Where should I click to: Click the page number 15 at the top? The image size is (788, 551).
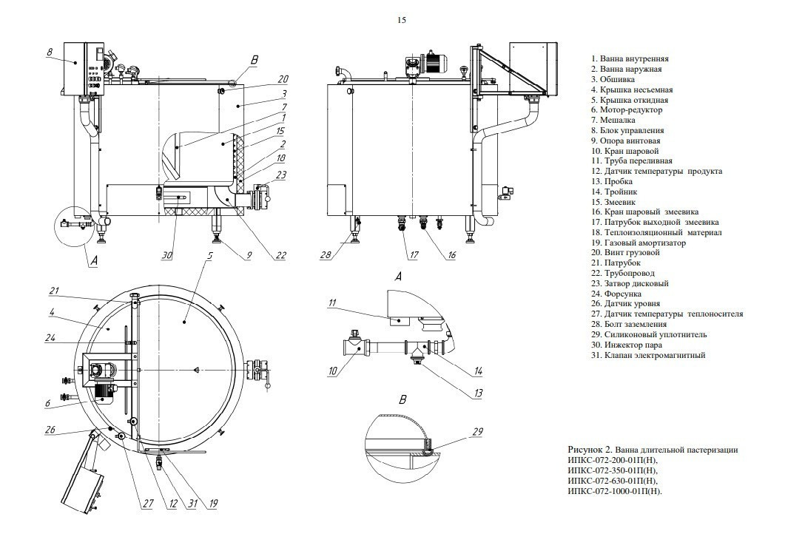pyautogui.click(x=402, y=20)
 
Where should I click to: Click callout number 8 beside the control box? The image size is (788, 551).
pyautogui.click(x=50, y=52)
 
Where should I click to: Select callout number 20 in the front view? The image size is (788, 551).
pyautogui.click(x=283, y=79)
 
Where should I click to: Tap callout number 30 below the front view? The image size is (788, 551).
pyautogui.click(x=166, y=256)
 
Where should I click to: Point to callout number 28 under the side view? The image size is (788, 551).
pyautogui.click(x=326, y=255)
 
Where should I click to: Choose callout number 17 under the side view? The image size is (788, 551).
pyautogui.click(x=414, y=255)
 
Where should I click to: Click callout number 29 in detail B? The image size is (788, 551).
pyautogui.click(x=478, y=431)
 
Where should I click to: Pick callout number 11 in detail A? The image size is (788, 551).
pyautogui.click(x=332, y=303)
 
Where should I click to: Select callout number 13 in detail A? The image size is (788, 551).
pyautogui.click(x=478, y=393)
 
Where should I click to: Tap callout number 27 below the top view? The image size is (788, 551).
pyautogui.click(x=147, y=504)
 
